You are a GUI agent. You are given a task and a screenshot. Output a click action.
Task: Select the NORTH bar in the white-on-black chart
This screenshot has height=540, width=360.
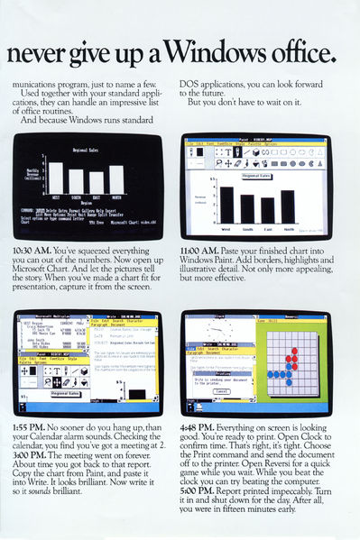tap(116, 180)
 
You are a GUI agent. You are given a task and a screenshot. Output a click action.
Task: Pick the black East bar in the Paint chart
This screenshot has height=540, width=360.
tap(268, 210)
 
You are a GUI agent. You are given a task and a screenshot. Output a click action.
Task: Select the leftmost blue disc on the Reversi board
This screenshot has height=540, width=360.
tap(270, 373)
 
